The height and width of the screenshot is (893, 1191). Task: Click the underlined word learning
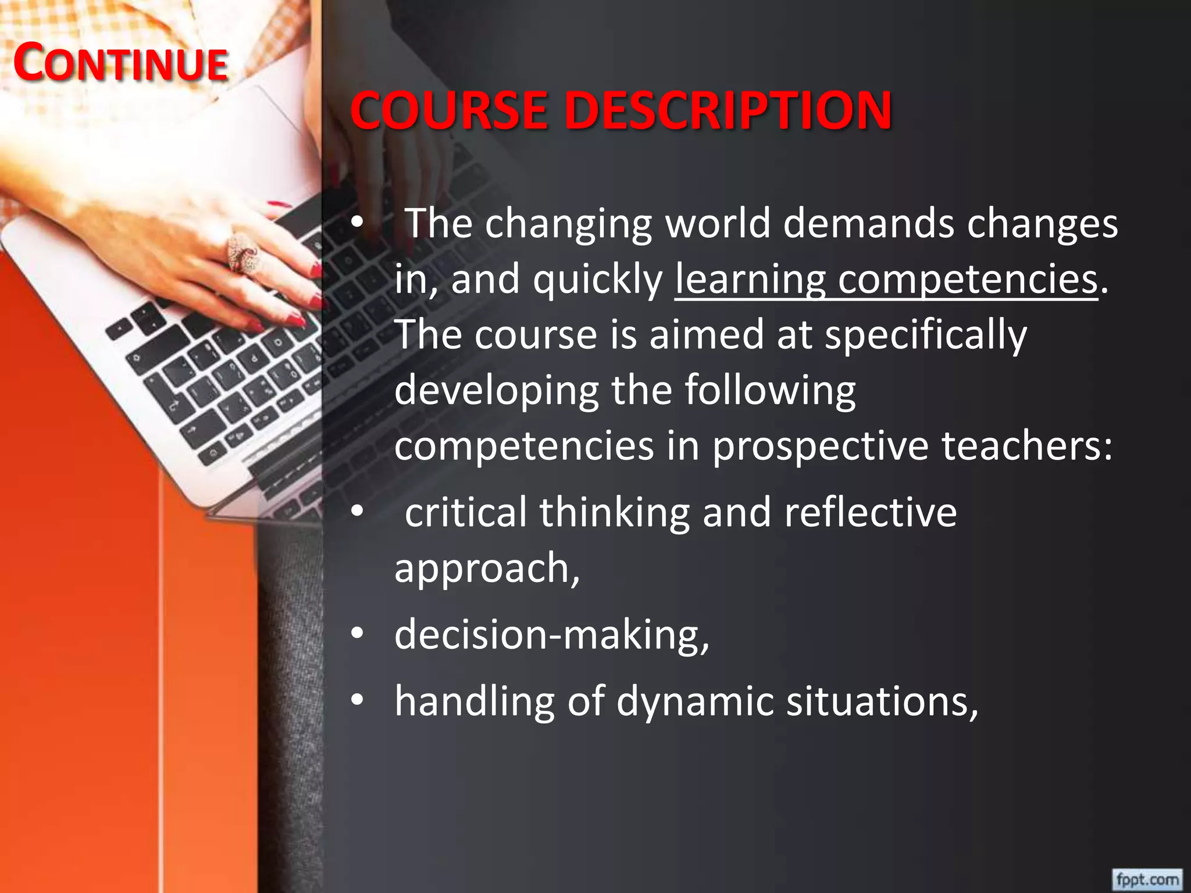click(750, 280)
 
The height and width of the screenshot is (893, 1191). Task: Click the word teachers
click(1026, 446)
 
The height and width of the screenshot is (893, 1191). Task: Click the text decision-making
click(551, 634)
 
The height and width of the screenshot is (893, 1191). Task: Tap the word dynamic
click(694, 701)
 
